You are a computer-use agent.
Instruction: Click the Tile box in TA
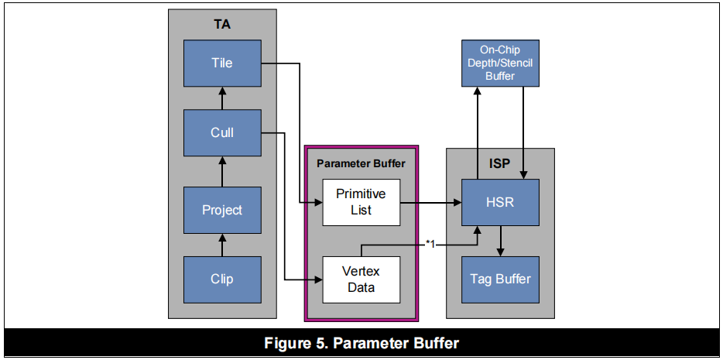pos(222,63)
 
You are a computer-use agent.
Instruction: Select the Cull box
pos(222,132)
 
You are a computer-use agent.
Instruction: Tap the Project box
pos(222,210)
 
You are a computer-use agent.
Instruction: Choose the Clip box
pos(222,279)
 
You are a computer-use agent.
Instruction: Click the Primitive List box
pos(361,202)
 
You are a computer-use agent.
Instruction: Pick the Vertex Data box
pos(361,279)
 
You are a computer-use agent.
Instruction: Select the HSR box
pos(501,202)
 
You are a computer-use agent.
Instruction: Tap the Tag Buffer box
pos(501,279)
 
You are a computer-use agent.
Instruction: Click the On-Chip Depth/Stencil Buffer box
pos(500,63)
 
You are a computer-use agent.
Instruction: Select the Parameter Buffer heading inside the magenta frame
pos(361,163)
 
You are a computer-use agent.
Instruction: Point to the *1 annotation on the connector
pos(431,244)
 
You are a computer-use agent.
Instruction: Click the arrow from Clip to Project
pos(222,246)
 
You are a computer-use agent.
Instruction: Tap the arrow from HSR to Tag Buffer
pos(501,241)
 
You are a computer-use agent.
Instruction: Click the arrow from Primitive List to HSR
pos(430,204)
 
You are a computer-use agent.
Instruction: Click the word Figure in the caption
pos(287,343)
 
